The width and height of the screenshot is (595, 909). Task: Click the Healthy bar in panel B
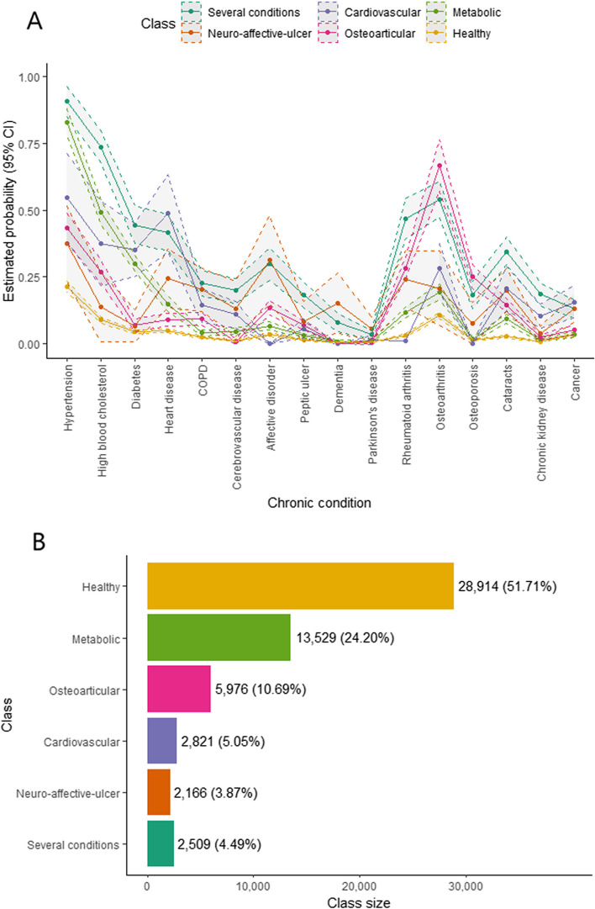pyautogui.click(x=300, y=585)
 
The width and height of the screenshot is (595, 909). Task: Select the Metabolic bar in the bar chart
pyautogui.click(x=219, y=637)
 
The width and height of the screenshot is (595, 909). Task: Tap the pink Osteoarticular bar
pyautogui.click(x=179, y=689)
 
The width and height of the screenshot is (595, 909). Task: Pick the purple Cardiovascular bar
pyautogui.click(x=162, y=740)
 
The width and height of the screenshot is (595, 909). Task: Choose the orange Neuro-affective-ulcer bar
pyautogui.click(x=159, y=791)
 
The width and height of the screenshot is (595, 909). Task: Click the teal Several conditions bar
pyautogui.click(x=161, y=843)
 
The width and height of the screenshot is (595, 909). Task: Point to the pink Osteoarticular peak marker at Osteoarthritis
pyautogui.click(x=439, y=165)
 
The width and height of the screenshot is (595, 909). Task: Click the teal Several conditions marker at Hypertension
pyautogui.click(x=66, y=102)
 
